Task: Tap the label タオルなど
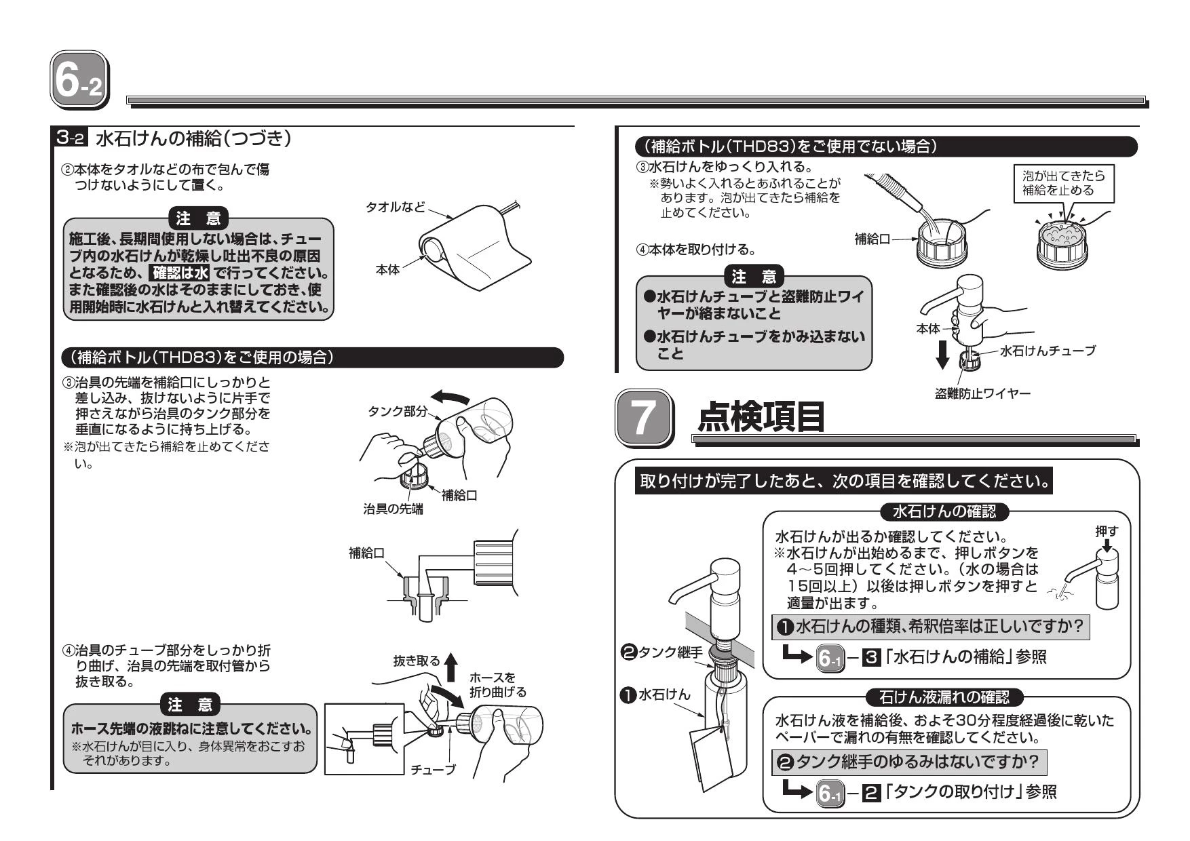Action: pyautogui.click(x=395, y=207)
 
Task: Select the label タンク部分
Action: pyautogui.click(x=398, y=412)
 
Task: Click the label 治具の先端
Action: pyautogui.click(x=393, y=509)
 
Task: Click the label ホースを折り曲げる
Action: pyautogui.click(x=497, y=684)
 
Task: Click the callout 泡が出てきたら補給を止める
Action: pyautogui.click(x=1063, y=183)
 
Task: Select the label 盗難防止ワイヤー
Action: pyautogui.click(x=982, y=394)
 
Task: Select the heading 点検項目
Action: pyautogui.click(x=761, y=416)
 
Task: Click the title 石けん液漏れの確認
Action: pyautogui.click(x=944, y=696)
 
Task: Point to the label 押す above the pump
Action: pyautogui.click(x=1107, y=532)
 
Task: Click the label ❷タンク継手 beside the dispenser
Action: pyautogui.click(x=661, y=652)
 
